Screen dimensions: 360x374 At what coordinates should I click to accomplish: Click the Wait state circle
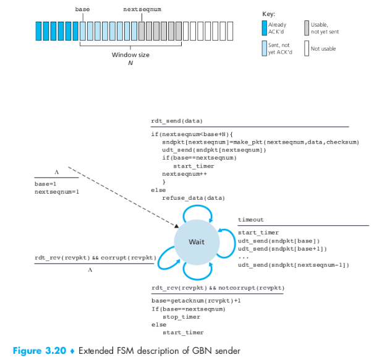(196, 242)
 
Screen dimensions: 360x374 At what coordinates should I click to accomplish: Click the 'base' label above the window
(82, 9)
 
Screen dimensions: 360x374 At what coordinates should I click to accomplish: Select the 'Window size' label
(130, 54)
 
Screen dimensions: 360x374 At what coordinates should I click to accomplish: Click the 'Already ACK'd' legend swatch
(264, 28)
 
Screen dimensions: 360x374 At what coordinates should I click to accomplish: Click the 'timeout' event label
(251, 220)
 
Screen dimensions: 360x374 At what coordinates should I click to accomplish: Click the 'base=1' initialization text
(45, 184)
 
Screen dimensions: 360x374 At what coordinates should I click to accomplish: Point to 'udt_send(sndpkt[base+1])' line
(282, 249)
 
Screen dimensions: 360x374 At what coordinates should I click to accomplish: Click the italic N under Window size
(130, 62)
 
